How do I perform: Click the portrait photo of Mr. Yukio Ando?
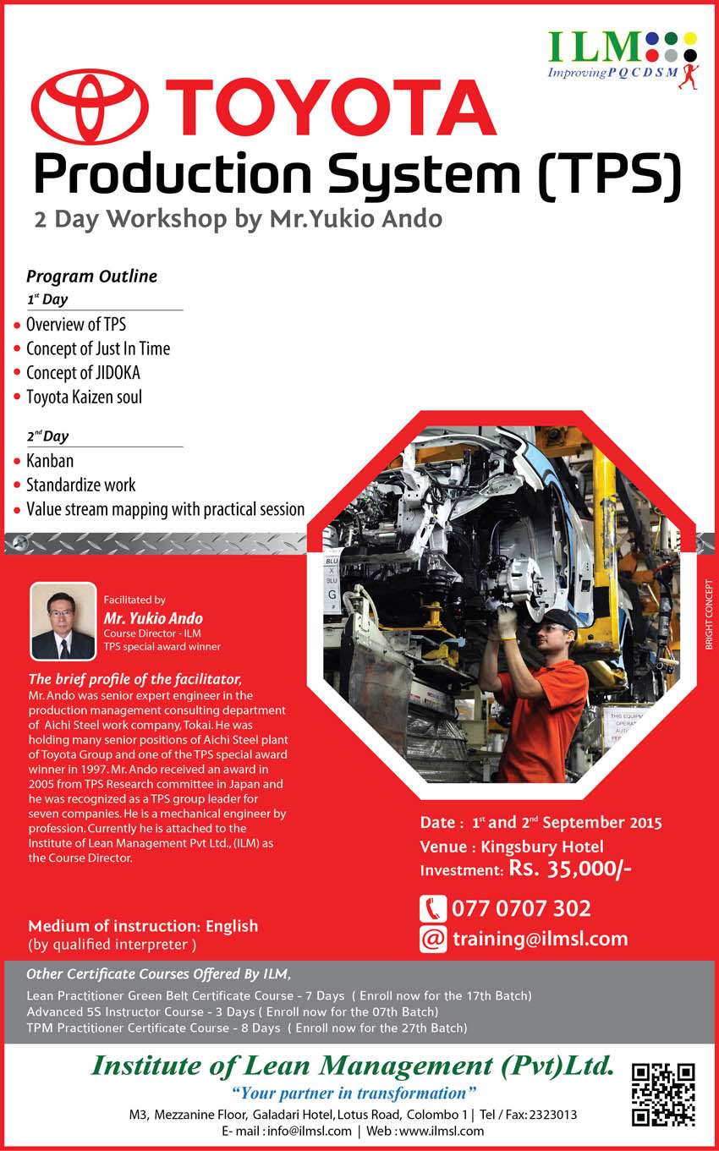click(63, 621)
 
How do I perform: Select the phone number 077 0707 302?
click(521, 909)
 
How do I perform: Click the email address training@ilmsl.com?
click(541, 940)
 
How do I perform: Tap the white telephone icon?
click(433, 909)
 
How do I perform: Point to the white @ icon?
click(433, 940)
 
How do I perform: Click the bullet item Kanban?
click(50, 461)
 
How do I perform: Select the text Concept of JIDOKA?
click(83, 373)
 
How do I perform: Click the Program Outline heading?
click(92, 276)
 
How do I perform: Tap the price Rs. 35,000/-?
click(570, 869)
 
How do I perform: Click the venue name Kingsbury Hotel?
click(542, 847)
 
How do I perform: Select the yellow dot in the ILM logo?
click(690, 38)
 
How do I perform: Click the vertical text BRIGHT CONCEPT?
click(709, 615)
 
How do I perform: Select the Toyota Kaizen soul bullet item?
click(85, 397)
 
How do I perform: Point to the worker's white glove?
click(506, 623)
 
